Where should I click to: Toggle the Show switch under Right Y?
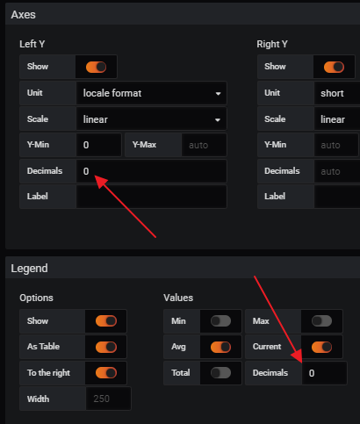coord(333,67)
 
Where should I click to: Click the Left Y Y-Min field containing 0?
coord(98,145)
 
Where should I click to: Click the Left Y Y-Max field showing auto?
coord(204,145)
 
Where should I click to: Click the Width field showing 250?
coord(108,399)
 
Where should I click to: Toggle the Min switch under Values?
coord(220,321)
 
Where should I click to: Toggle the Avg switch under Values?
coord(220,347)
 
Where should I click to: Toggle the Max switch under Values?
coord(322,321)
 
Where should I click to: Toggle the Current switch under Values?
coord(322,347)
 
